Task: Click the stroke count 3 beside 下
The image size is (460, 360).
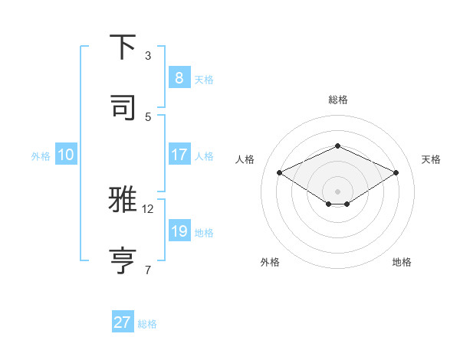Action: click(x=148, y=56)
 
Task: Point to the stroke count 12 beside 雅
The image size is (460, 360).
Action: click(x=148, y=208)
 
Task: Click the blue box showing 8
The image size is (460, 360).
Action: click(x=179, y=77)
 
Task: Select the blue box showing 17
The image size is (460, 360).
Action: click(x=179, y=154)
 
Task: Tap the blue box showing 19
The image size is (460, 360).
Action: click(x=179, y=231)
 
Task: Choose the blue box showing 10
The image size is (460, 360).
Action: click(x=66, y=155)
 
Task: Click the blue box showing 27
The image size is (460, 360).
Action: click(x=123, y=322)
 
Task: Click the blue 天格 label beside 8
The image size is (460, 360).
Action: click(x=204, y=79)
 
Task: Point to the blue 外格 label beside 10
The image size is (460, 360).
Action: click(x=41, y=155)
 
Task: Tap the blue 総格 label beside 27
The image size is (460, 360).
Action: click(x=147, y=324)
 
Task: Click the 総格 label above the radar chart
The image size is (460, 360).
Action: click(x=337, y=100)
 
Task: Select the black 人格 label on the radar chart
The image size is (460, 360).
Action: click(x=245, y=159)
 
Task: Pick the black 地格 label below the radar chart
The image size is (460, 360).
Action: click(x=402, y=262)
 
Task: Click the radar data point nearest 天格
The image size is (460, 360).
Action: click(x=396, y=173)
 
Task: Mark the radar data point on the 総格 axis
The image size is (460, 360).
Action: click(x=337, y=146)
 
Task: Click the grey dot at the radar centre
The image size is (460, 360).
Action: click(x=337, y=191)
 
